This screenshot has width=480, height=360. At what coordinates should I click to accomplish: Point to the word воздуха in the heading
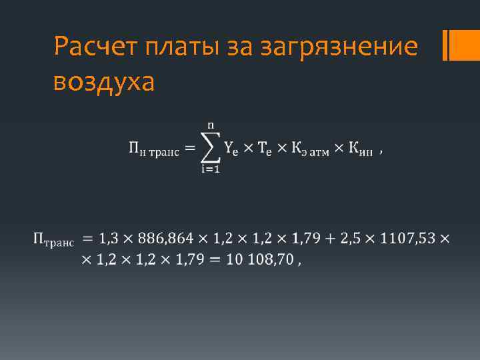coord(105,83)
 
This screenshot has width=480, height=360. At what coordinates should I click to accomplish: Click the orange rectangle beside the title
coord(461,45)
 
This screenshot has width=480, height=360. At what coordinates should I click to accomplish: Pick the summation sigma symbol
coord(211,149)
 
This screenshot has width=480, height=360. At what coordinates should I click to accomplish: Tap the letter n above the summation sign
coord(211,125)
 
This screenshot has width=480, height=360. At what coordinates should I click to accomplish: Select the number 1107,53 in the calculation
coord(411,238)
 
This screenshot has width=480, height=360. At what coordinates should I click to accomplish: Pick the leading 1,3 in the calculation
coord(111,238)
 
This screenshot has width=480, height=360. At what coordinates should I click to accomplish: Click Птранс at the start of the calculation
coord(53,240)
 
